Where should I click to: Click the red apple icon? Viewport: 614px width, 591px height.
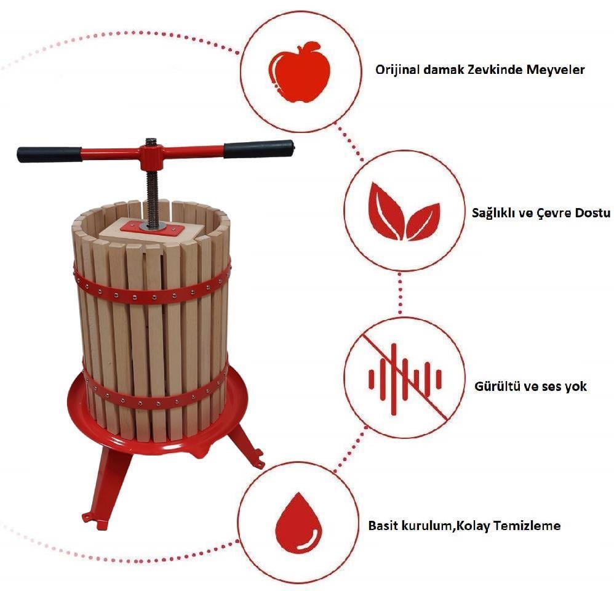click(x=301, y=71)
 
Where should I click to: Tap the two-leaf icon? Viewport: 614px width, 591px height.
click(x=404, y=212)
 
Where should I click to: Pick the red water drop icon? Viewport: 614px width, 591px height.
click(x=298, y=523)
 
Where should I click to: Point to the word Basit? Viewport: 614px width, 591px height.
click(x=382, y=525)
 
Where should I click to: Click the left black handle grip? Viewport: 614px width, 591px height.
click(x=49, y=155)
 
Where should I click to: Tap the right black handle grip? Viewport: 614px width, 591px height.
click(x=259, y=149)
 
